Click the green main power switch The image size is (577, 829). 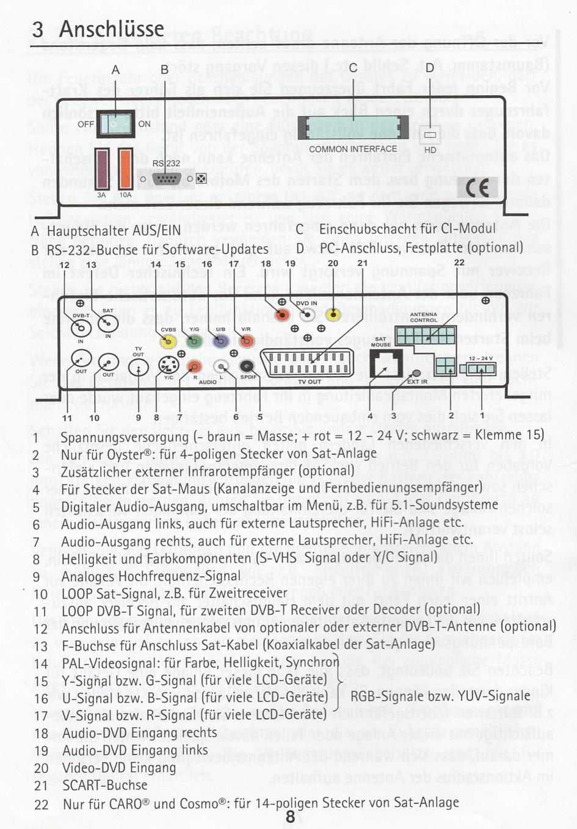point(116,123)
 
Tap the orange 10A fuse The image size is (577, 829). point(125,169)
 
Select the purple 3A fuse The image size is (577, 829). point(101,169)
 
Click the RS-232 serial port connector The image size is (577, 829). point(165,178)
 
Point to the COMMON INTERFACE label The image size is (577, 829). point(353,149)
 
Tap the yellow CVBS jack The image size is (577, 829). point(168,342)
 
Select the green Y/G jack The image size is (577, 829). point(194,342)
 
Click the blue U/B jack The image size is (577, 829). point(220,342)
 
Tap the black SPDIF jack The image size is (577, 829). point(247,366)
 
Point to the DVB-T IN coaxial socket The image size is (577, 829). point(81,328)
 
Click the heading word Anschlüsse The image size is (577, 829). point(112,28)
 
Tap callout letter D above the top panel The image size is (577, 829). point(430,68)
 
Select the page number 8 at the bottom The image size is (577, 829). point(291,816)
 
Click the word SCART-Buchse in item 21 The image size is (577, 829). point(105,785)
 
